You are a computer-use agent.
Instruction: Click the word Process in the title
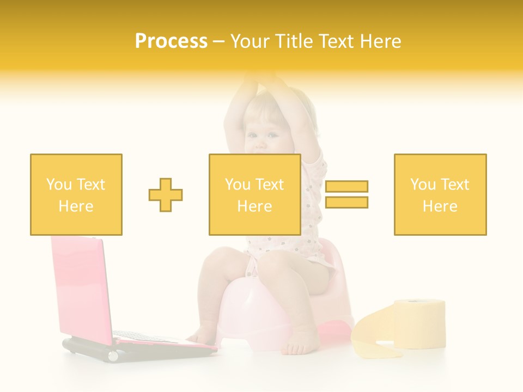[171, 41]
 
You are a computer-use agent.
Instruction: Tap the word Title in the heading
[297, 41]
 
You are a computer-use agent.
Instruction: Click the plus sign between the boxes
[166, 194]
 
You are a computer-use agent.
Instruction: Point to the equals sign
[346, 194]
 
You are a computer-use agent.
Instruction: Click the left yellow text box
[76, 194]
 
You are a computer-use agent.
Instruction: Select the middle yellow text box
[254, 194]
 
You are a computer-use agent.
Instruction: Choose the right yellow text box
[440, 194]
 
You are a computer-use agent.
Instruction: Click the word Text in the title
[337, 41]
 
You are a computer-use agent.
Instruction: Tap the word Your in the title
[251, 41]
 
